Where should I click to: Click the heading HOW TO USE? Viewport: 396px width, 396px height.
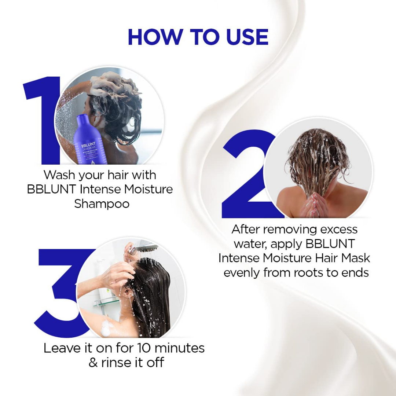[x=198, y=37]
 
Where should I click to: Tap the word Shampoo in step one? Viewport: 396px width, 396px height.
[x=102, y=204]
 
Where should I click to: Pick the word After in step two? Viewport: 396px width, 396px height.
[x=246, y=230]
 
